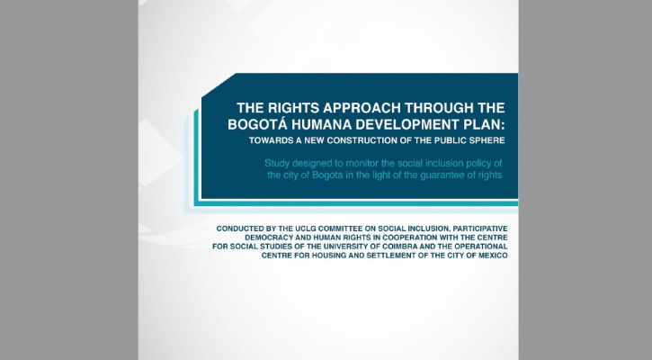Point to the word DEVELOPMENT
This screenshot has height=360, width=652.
pyautogui.click(x=409, y=123)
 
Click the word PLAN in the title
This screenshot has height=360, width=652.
pyautogui.click(x=486, y=123)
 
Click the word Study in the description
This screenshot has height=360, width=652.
pyautogui.click(x=279, y=162)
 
